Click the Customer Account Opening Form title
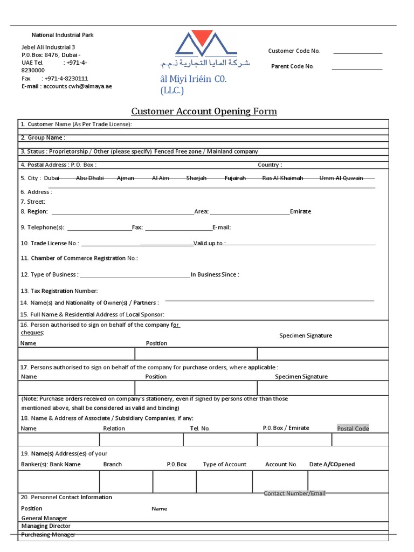click(204, 112)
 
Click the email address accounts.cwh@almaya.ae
click(78, 86)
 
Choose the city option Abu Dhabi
click(90, 178)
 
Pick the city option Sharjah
click(196, 178)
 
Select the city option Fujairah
click(235, 178)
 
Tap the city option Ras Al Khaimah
click(282, 178)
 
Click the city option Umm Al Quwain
click(341, 178)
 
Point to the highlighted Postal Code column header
click(353, 428)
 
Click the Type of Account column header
click(224, 464)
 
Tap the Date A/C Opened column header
click(332, 464)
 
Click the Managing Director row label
click(46, 526)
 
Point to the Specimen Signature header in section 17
click(301, 377)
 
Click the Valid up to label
click(209, 243)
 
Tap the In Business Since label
click(215, 274)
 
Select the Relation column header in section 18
click(114, 428)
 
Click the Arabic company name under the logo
click(205, 64)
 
